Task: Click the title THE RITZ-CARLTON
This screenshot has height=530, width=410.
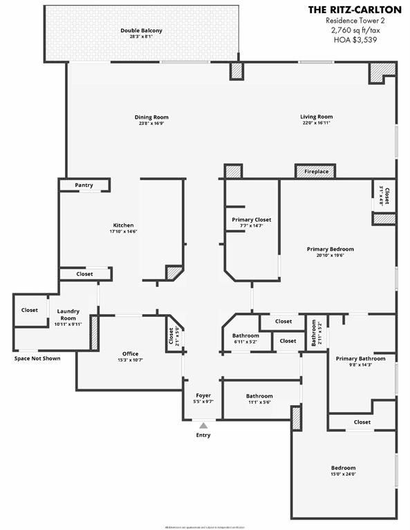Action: coord(355,10)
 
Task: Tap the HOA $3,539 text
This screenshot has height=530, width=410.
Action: coord(355,40)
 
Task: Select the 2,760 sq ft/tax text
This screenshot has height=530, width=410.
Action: coord(355,30)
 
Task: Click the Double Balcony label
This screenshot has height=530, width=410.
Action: coord(141,30)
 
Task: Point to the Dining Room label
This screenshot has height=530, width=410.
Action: coord(151,117)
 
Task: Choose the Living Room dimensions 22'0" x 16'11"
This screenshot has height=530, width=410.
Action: coord(317,124)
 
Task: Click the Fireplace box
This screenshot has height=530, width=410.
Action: coord(316,171)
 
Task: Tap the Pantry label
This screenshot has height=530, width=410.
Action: coord(84,185)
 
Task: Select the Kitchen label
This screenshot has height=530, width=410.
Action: coord(123,225)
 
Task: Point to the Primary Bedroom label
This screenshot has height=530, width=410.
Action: coord(330,248)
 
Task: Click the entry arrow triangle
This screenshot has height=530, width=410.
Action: coord(203,425)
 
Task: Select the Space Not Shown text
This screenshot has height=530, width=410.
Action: coord(37,358)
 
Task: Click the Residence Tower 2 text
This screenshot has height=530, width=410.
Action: coord(355,21)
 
